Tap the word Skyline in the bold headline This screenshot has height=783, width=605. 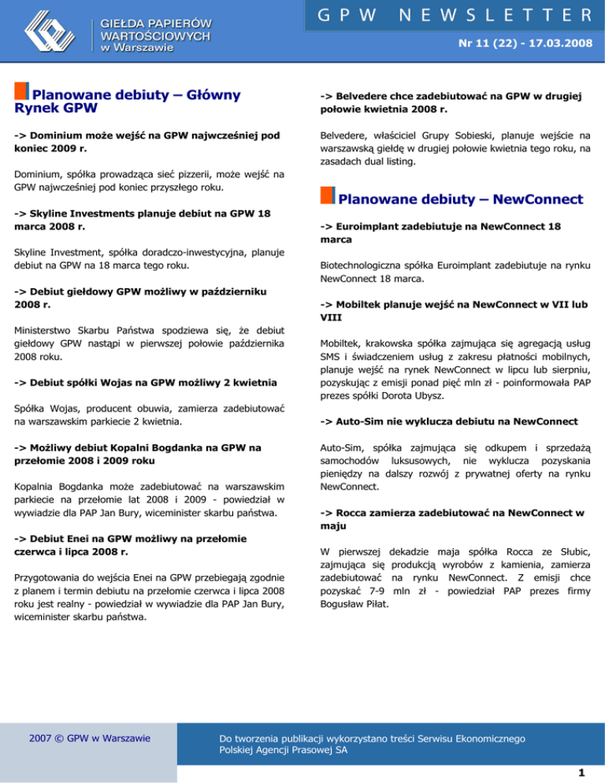(x=52, y=213)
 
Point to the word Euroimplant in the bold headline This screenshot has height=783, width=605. (x=377, y=226)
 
